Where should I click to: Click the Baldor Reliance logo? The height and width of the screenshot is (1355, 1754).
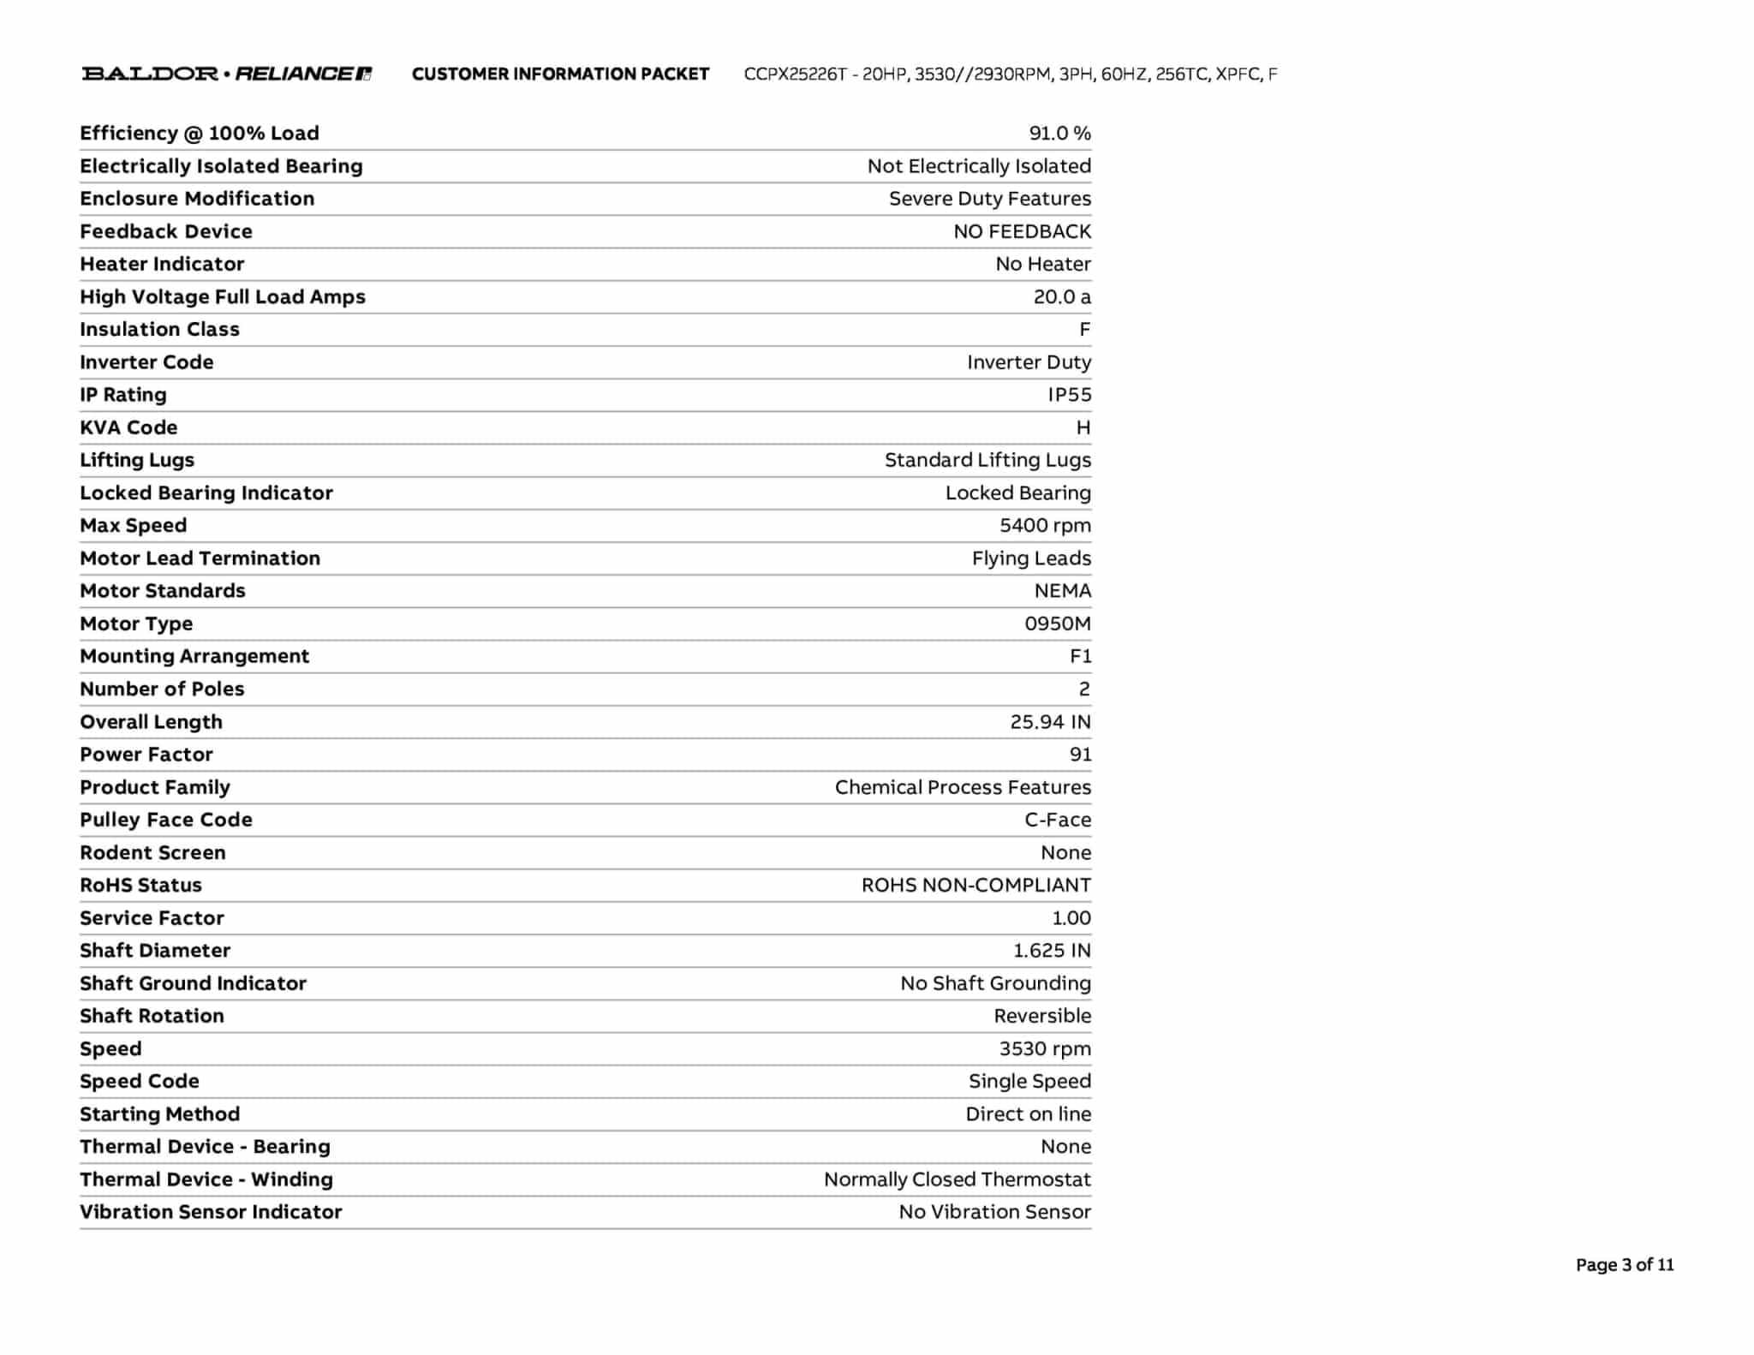coord(226,74)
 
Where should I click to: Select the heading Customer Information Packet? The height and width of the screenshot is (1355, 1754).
coord(560,74)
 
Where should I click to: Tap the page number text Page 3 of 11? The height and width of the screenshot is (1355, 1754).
coord(1624,1264)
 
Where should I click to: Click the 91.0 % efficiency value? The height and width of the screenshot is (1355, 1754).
coord(1059,133)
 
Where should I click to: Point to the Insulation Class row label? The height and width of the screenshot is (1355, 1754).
coord(159,329)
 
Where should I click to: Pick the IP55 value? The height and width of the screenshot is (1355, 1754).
coord(1069,394)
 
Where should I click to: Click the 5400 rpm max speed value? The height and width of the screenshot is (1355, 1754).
coord(1045,525)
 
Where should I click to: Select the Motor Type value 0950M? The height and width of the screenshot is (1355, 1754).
coord(1057,623)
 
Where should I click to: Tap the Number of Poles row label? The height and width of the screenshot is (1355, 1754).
coord(162,689)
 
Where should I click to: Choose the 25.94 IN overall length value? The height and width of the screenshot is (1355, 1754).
coord(1050,721)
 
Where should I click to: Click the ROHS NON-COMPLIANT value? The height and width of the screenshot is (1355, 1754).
coord(975,885)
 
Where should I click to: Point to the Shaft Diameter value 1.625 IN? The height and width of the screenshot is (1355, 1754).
coord(1052,950)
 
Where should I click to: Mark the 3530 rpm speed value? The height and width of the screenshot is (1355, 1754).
coord(1045,1048)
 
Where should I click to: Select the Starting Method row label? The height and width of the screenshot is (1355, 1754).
coord(159,1113)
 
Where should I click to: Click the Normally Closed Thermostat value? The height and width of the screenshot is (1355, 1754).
coord(957,1179)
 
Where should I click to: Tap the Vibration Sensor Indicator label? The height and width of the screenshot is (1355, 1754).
coord(211,1211)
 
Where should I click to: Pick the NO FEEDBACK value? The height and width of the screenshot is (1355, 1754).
coord(1022,231)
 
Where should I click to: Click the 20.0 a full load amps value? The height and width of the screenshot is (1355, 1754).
coord(1062,296)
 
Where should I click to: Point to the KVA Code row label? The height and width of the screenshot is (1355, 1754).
coord(128,427)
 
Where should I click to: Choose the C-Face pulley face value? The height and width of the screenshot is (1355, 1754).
coord(1058,820)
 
